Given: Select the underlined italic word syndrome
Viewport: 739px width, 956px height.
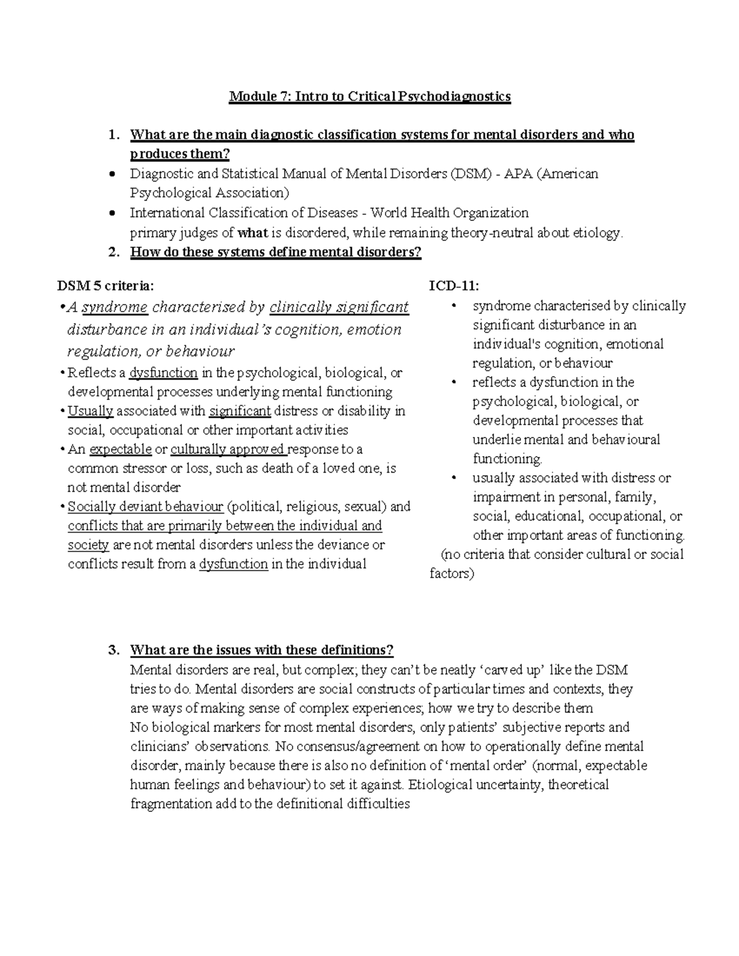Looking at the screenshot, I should pos(115,307).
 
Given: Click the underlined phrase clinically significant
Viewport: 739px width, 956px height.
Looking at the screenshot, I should pos(339,307).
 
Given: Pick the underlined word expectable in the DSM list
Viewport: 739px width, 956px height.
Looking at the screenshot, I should pos(121,449).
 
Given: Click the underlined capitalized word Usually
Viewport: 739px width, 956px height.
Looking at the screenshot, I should pos(91,411).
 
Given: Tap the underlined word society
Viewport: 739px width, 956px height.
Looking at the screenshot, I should pos(88,545).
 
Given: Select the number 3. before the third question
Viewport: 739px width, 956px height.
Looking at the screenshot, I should pos(113,651).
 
